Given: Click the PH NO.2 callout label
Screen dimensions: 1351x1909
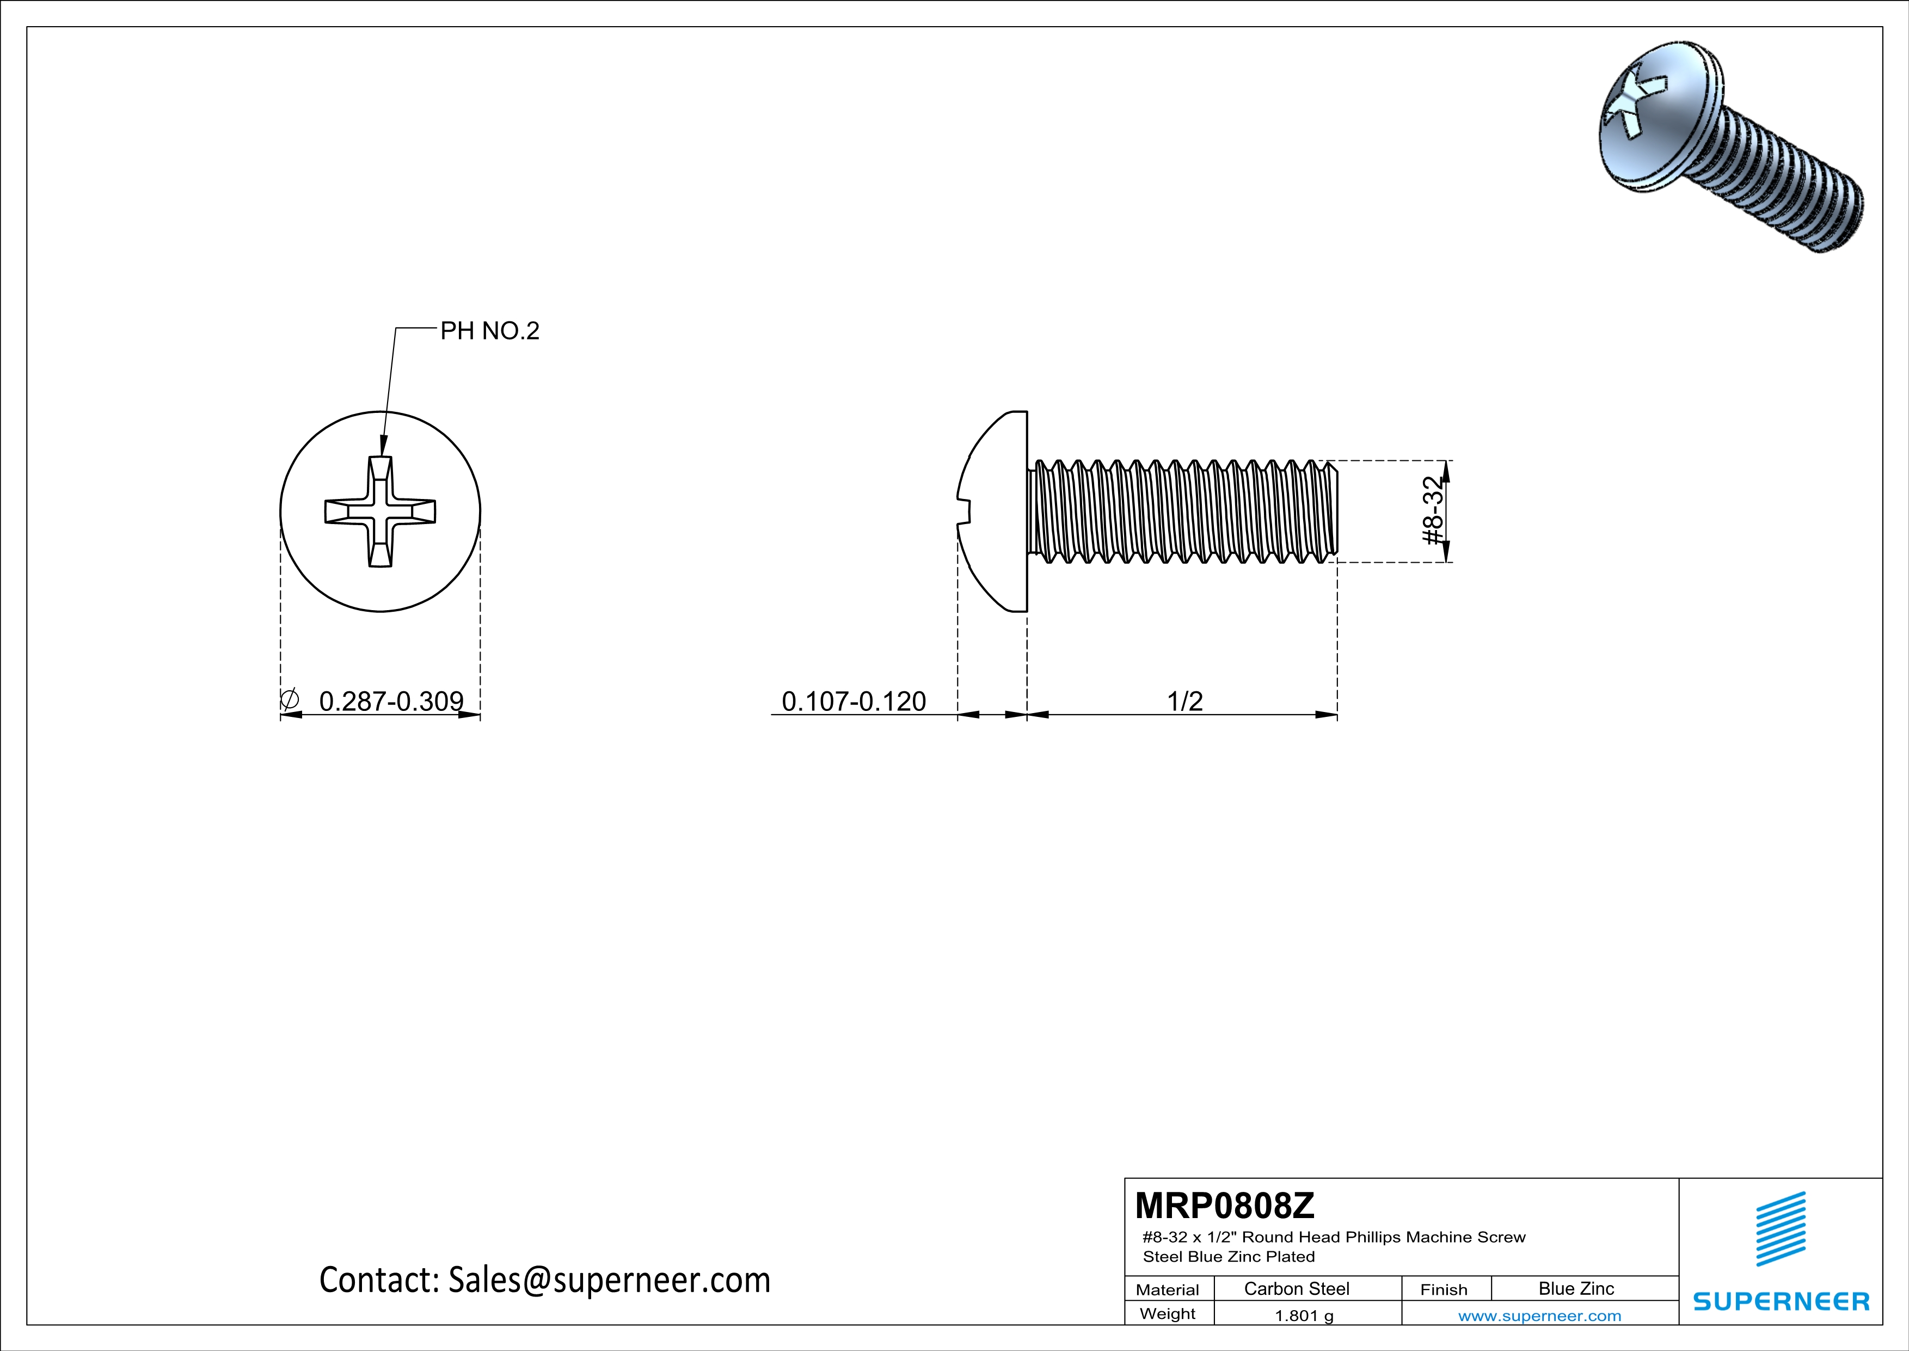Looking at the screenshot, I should pos(490,331).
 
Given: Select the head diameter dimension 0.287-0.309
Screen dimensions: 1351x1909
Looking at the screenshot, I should pos(391,701).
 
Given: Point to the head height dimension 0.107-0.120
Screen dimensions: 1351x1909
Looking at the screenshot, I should pos(854,701).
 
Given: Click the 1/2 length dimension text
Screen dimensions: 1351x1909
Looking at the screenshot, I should pos(1185,701).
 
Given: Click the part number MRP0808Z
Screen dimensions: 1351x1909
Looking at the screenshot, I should pos(1225,1206).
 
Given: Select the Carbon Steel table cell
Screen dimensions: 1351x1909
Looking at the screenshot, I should pos(1296,1288).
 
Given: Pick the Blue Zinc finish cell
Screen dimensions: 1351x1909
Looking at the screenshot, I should pos(1575,1288).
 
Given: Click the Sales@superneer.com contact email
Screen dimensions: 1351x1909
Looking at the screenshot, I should pos(609,1280).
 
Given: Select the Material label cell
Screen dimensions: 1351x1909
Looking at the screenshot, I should pos(1168,1289).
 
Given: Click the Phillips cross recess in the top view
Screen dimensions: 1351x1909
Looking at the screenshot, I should pos(380,512).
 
